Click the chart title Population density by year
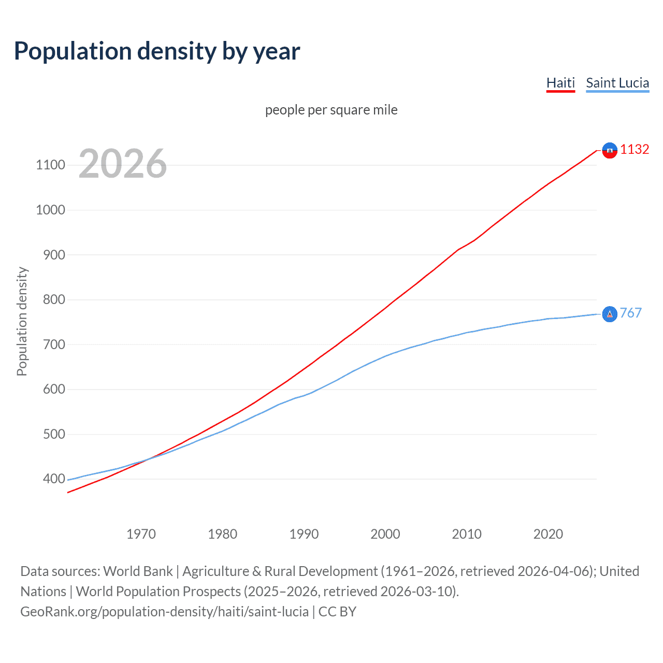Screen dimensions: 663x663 [157, 51]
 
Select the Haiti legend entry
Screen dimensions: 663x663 [560, 83]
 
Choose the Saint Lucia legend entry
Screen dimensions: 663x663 [617, 83]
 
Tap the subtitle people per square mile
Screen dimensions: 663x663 [331, 110]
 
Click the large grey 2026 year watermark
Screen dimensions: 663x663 [123, 164]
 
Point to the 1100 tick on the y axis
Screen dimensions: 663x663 [50, 165]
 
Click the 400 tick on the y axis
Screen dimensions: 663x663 [54, 479]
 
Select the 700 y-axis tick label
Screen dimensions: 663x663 [54, 344]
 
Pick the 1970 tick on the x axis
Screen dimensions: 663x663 [141, 534]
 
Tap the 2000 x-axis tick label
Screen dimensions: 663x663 [385, 534]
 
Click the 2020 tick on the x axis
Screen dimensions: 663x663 [548, 534]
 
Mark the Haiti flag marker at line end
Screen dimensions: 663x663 [610, 150]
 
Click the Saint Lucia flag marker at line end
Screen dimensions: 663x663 [610, 314]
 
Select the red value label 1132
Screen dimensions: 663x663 [635, 150]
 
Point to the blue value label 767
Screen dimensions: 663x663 [630, 313]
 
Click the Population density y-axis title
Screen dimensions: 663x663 [22, 321]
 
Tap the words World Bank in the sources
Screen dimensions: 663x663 [138, 571]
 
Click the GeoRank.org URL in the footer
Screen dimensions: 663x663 [164, 612]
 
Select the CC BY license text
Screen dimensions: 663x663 [337, 612]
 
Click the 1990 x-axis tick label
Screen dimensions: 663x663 [304, 534]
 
